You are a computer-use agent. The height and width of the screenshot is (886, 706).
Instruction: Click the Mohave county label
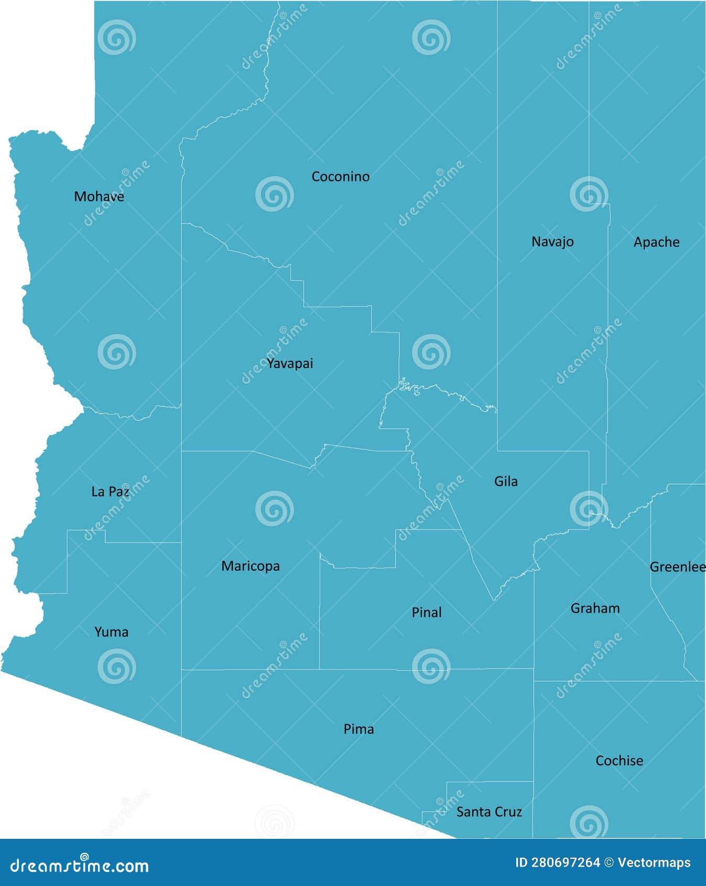coord(99,197)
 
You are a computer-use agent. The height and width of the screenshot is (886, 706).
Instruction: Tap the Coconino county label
coord(340,177)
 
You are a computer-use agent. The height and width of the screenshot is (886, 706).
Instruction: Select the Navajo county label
coord(552,242)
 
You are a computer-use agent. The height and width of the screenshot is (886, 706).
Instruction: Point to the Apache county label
coord(656,242)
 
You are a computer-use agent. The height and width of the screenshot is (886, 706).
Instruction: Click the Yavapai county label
coord(290,363)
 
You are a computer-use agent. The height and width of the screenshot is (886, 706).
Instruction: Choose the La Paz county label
coord(110,492)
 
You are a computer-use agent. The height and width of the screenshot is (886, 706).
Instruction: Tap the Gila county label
coord(506,481)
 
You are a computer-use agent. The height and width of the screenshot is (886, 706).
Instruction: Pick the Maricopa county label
coord(251,566)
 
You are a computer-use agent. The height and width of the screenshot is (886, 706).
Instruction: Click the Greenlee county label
coord(677,567)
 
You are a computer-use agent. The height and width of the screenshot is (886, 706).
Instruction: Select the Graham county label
coord(595,608)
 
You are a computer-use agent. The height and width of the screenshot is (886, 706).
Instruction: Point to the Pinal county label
coord(427,612)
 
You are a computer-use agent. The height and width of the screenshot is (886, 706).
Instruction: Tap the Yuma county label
coord(111,632)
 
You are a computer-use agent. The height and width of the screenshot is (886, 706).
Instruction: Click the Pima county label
coord(359,729)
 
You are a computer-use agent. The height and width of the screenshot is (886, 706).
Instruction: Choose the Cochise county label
coord(619,761)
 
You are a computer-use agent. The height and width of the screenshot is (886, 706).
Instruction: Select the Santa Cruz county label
coord(489,812)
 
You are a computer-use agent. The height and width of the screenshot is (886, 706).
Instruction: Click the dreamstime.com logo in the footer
coord(80,866)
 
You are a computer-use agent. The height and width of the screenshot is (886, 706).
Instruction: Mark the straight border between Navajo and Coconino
coord(497,210)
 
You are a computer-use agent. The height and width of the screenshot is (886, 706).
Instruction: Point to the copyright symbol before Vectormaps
coord(609,862)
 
